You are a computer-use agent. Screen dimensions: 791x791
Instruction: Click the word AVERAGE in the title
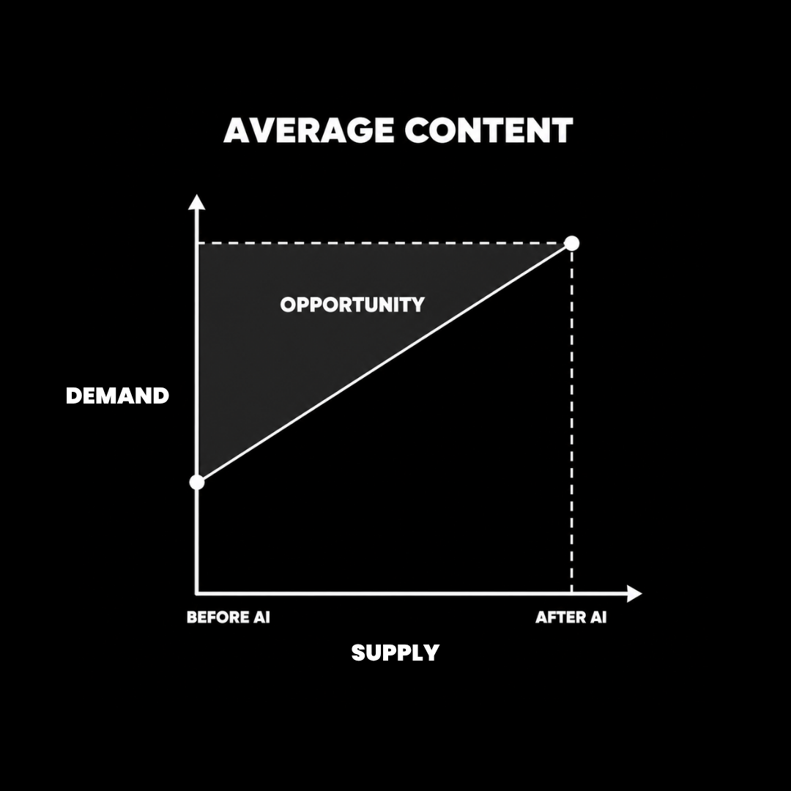pos(308,130)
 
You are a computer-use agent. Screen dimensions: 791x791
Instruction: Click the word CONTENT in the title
pos(489,130)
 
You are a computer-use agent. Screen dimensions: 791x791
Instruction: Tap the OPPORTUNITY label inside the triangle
pos(352,304)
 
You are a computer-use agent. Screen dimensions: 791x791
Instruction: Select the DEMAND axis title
pos(117,395)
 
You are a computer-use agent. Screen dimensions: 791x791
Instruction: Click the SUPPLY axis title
pos(395,653)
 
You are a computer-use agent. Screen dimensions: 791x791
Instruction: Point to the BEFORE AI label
pos(229,617)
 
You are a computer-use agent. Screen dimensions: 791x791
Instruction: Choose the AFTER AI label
pos(571,617)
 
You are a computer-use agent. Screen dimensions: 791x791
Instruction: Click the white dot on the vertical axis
pos(197,482)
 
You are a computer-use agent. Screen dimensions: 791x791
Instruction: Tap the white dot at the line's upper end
pos(571,243)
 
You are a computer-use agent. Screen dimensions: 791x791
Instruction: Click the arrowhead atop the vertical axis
pos(197,202)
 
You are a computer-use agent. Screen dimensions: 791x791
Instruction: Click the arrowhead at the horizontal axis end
pos(634,594)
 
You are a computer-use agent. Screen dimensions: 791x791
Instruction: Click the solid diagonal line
pos(384,363)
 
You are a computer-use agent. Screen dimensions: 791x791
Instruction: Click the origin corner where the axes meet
pos(197,594)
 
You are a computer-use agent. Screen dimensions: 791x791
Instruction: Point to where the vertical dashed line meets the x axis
pos(571,594)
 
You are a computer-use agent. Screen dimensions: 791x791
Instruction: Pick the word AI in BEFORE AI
pos(261,617)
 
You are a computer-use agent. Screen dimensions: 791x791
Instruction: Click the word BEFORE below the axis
pos(218,617)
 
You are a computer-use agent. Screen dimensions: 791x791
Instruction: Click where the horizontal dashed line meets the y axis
pos(197,243)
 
